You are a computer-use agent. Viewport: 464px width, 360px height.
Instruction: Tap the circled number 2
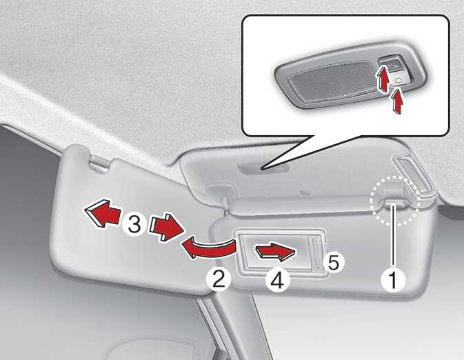click(x=219, y=279)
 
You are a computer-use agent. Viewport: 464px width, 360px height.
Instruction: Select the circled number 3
click(x=134, y=224)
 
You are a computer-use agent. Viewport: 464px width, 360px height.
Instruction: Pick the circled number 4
click(x=277, y=280)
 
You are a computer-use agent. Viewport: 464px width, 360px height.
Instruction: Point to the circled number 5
click(x=333, y=262)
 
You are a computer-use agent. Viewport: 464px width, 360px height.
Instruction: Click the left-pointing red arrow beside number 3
click(x=103, y=213)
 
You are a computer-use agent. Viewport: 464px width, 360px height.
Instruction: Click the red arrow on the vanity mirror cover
click(x=276, y=252)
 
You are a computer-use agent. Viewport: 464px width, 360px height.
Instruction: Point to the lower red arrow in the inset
click(x=398, y=101)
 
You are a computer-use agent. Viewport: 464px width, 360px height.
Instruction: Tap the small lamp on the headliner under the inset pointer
click(x=264, y=169)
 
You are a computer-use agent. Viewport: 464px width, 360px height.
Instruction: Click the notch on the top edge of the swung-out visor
click(x=99, y=162)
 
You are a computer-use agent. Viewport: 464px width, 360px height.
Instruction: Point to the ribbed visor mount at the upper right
click(x=414, y=174)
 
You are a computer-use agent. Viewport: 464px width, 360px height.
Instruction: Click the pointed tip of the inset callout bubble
click(x=261, y=169)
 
